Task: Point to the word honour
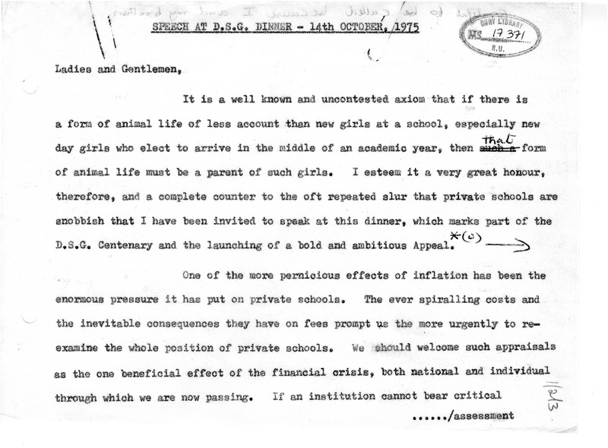537,172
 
